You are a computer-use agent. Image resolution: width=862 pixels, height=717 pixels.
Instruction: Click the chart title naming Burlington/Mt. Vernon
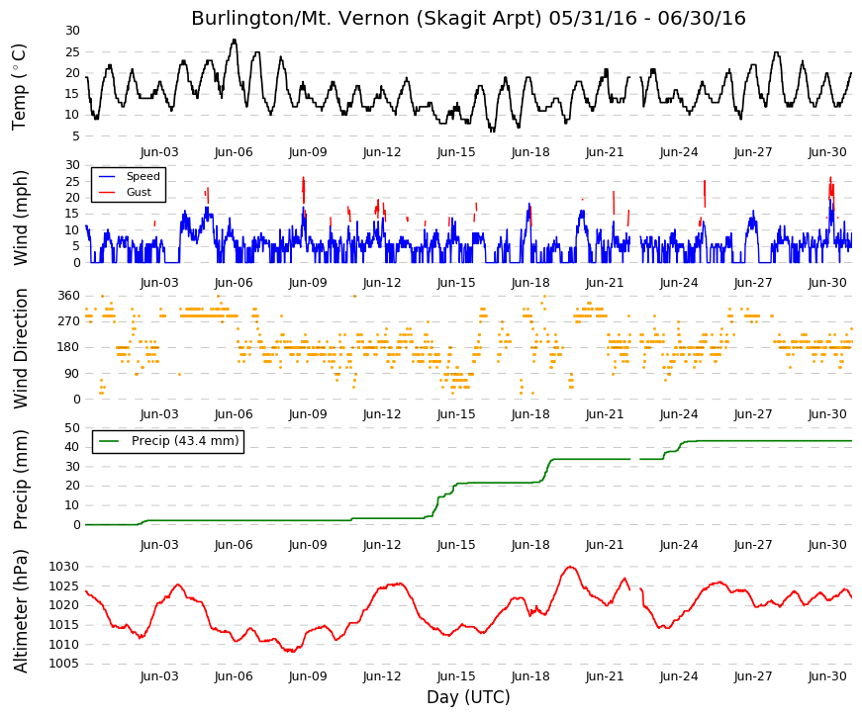click(468, 18)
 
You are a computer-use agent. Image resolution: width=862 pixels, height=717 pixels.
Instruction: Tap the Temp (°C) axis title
click(19, 87)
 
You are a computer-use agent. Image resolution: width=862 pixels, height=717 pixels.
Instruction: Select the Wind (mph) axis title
click(20, 218)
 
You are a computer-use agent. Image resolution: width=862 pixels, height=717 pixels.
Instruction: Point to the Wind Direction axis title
click(20, 349)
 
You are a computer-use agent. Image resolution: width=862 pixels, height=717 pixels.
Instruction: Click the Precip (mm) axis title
click(20, 479)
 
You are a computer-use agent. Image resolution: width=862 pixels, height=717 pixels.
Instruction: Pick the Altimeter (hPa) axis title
click(20, 611)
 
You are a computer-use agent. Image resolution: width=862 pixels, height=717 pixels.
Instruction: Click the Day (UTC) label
click(468, 697)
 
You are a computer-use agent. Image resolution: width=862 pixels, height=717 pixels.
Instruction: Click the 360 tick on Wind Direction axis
click(68, 296)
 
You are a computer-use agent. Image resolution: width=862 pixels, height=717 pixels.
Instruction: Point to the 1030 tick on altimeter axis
click(64, 567)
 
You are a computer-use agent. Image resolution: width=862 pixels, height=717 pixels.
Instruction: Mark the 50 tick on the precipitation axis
click(72, 428)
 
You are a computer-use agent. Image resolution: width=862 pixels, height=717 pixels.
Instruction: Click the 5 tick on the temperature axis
click(76, 136)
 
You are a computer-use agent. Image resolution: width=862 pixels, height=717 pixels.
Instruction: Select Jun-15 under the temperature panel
click(456, 152)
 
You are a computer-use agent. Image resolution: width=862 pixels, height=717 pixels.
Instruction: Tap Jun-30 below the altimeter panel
click(827, 676)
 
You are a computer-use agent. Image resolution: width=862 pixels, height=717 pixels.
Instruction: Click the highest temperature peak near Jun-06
click(235, 40)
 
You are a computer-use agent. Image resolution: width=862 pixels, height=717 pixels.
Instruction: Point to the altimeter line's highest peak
click(571, 567)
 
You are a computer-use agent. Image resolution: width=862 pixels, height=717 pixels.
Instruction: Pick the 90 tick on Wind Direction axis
click(72, 374)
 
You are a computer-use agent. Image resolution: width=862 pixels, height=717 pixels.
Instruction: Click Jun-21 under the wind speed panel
click(605, 283)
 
